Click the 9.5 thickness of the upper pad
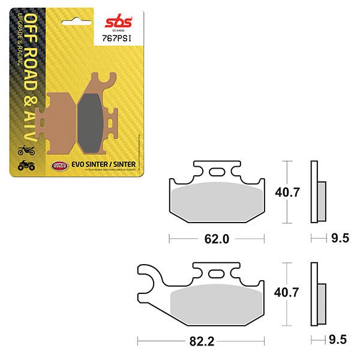(x=340, y=239)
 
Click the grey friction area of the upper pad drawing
(x=218, y=202)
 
